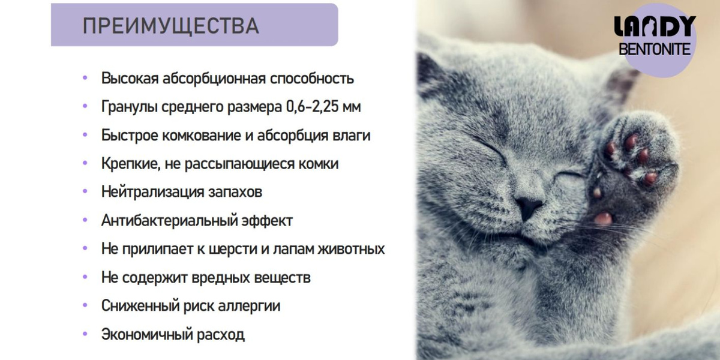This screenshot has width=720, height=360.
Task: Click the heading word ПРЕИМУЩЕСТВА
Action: click(170, 26)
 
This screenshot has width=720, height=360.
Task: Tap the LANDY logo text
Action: click(655, 26)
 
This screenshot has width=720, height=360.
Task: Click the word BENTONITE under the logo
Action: click(655, 49)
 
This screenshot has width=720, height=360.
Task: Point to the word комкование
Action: click(201, 136)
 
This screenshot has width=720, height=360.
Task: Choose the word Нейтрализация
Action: click(152, 192)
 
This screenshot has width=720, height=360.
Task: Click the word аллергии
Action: click(249, 305)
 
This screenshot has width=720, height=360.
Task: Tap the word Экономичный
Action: click(146, 334)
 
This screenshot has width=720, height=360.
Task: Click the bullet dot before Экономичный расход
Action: click(85, 334)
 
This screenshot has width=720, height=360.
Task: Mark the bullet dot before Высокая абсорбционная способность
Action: click(85, 77)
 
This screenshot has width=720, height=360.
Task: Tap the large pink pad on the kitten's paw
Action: click(603, 218)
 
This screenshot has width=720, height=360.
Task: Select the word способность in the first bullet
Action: click(312, 79)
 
